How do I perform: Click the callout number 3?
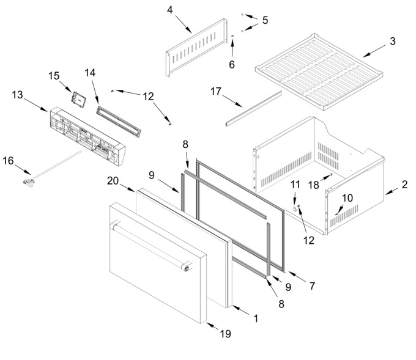point(393,41)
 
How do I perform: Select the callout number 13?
point(18,95)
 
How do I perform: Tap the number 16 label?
point(8,161)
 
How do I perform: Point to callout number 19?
point(226,334)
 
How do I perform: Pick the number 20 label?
point(113,181)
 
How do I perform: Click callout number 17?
point(216,91)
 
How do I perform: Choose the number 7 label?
point(312,286)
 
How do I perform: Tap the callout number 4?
point(170,10)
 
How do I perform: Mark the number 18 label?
point(313,185)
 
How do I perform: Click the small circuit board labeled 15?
point(78,100)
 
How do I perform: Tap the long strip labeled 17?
point(254,108)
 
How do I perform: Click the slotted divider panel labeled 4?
point(196,47)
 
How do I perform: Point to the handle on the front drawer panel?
point(150,246)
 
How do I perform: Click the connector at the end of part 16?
point(28,182)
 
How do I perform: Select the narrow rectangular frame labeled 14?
point(119,122)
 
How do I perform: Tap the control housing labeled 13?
point(87,136)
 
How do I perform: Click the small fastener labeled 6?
point(232,36)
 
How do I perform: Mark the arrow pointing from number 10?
point(339,210)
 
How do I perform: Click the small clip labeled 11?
point(294,208)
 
